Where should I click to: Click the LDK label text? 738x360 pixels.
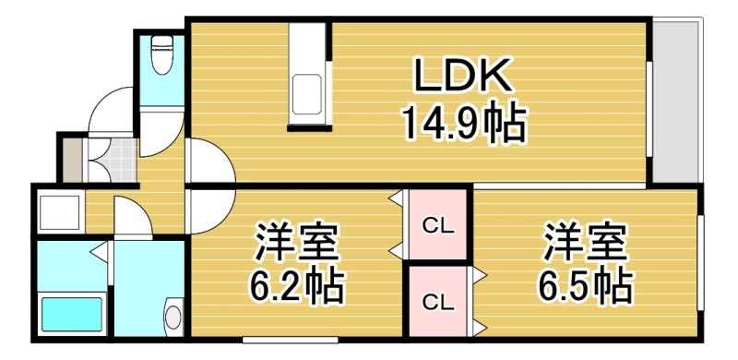[x=462, y=75]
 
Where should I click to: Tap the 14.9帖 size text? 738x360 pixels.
[x=464, y=123]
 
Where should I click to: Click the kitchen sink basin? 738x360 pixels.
[x=308, y=94]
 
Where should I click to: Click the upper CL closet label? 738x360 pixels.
[x=437, y=227]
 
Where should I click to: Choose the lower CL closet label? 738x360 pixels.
[x=437, y=302]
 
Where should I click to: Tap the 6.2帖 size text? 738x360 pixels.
[x=296, y=286]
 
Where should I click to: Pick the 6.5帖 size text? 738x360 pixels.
[x=585, y=284]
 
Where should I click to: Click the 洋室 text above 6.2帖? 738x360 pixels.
[x=296, y=242]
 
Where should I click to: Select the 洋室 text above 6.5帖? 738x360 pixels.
[x=585, y=242]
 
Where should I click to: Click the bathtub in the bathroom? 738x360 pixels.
[x=72, y=313]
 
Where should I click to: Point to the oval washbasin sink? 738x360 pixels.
[x=173, y=317]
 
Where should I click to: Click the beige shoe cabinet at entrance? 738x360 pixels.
[x=73, y=161]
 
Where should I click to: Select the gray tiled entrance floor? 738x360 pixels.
[x=113, y=161]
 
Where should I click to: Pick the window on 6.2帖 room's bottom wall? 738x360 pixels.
[x=291, y=340]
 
